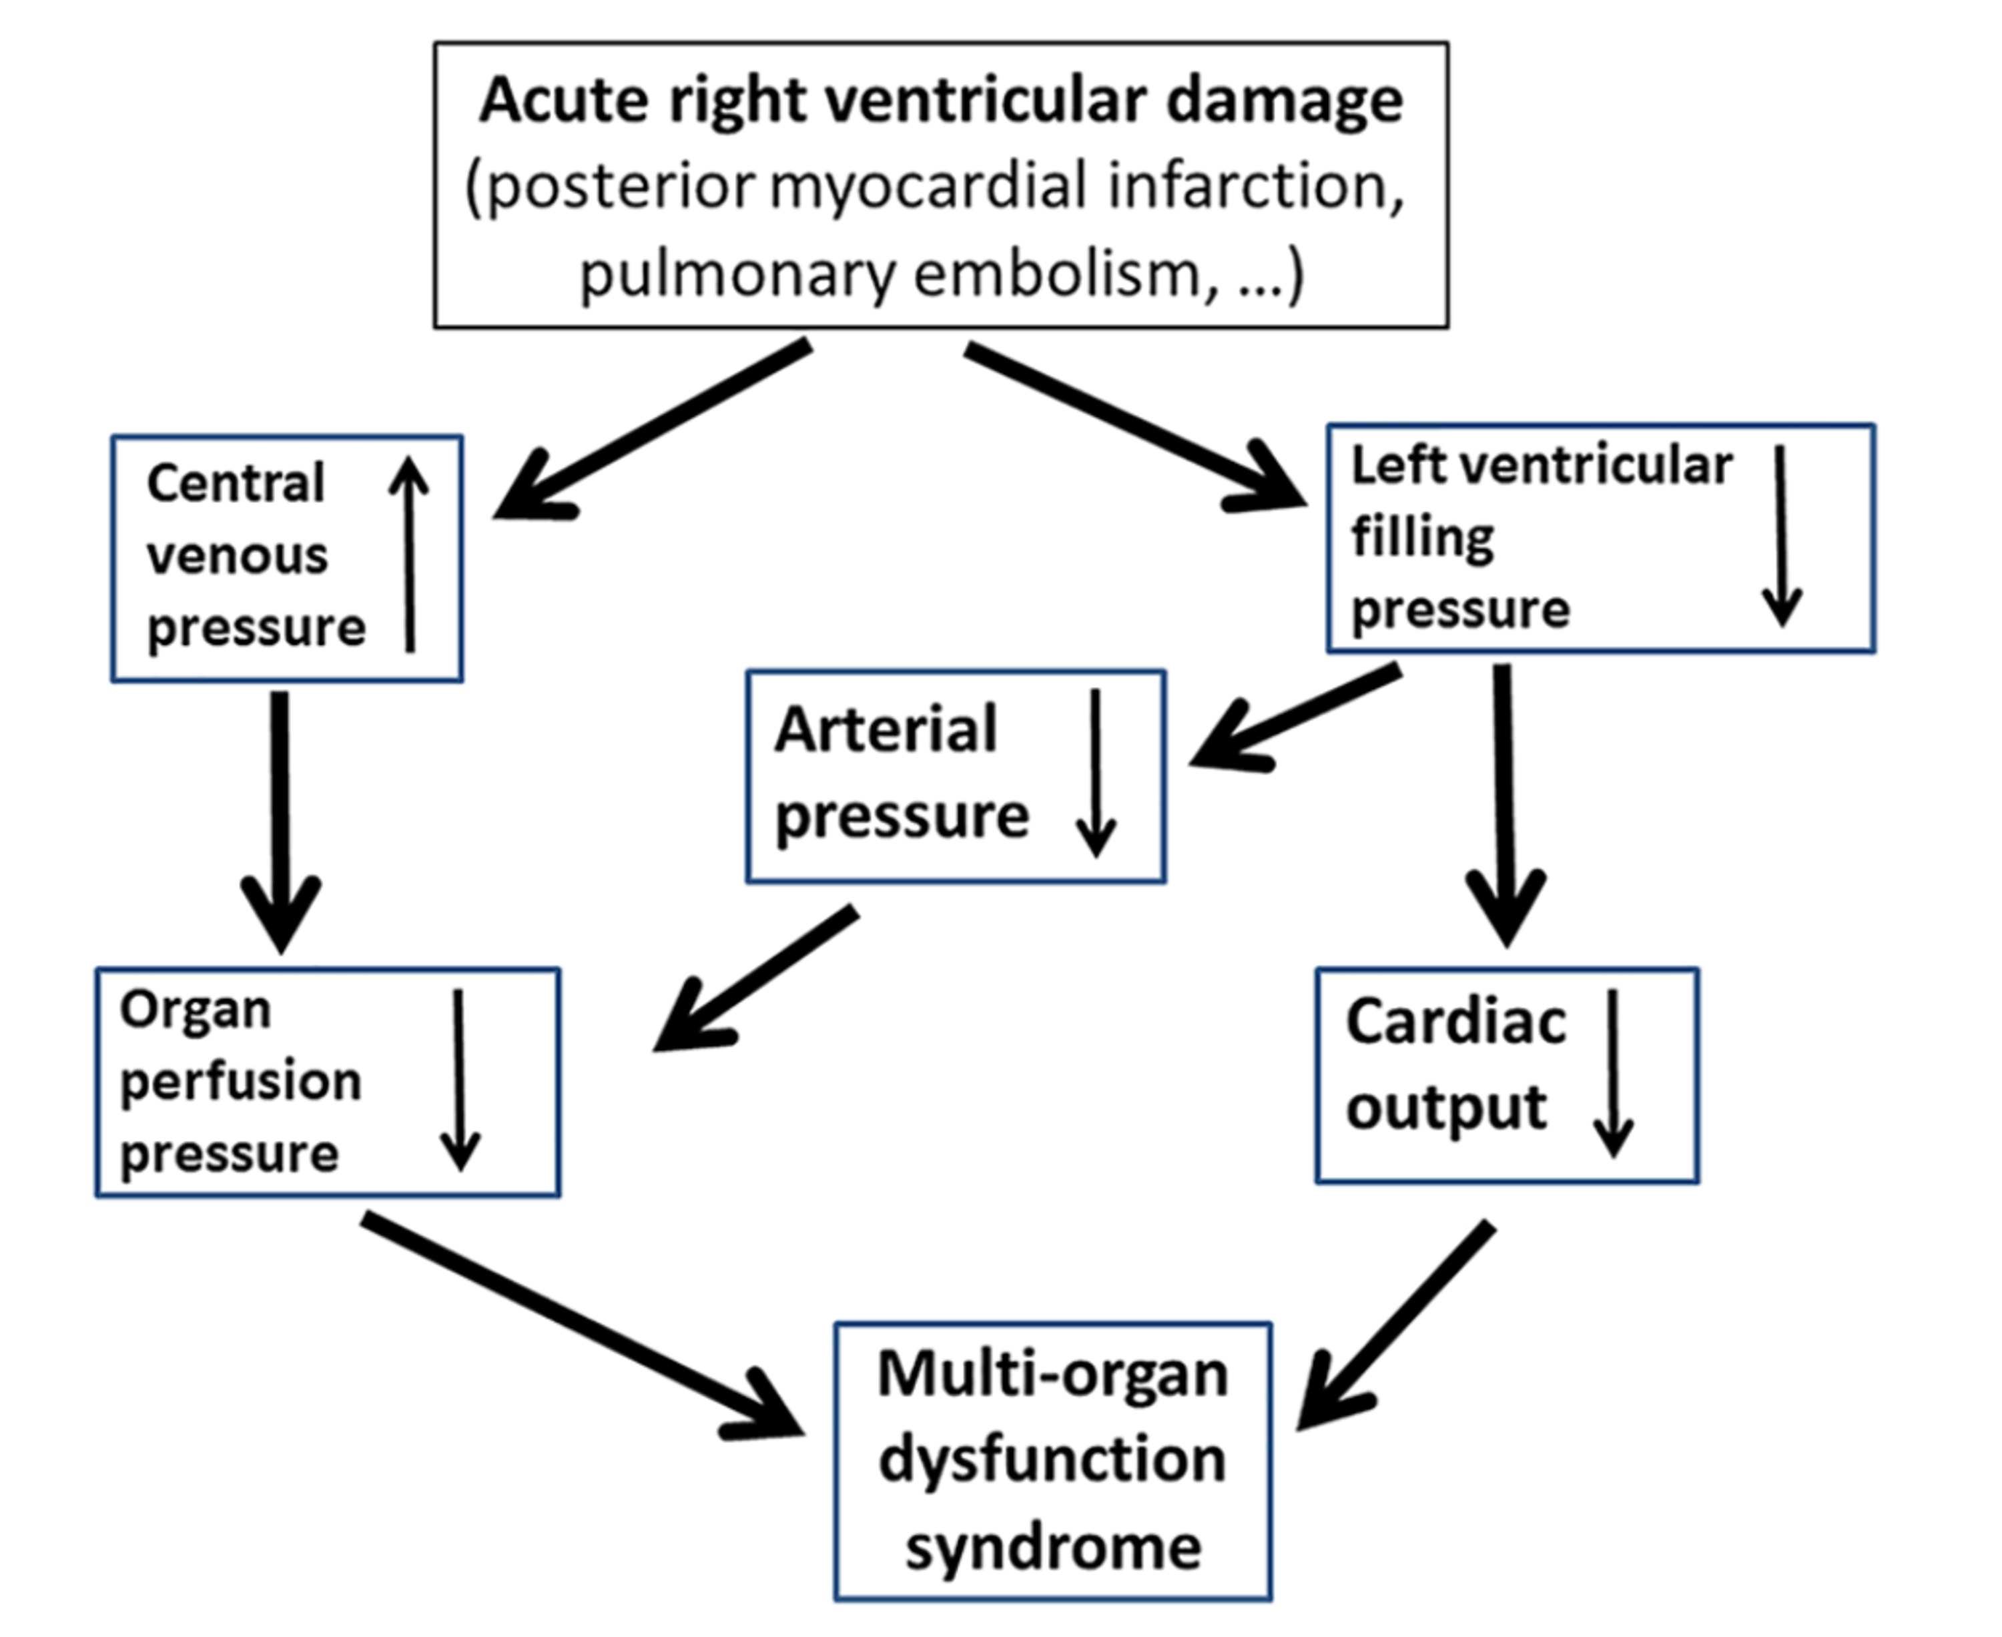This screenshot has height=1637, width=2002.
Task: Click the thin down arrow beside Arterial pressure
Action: coord(1096,773)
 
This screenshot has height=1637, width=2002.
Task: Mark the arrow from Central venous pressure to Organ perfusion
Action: coord(281,820)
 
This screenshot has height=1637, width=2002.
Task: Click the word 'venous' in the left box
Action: coord(238,555)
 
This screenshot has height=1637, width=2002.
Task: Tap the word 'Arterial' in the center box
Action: coord(884,730)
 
